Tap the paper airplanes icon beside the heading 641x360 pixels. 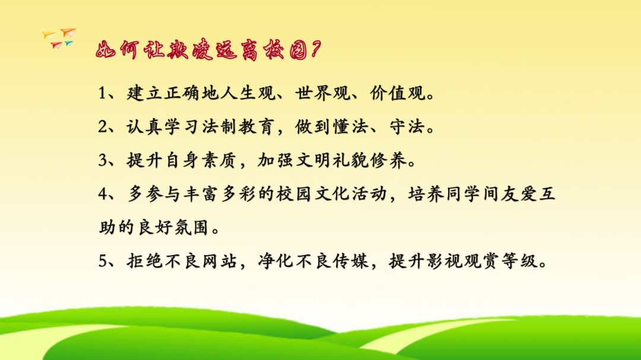60,38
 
